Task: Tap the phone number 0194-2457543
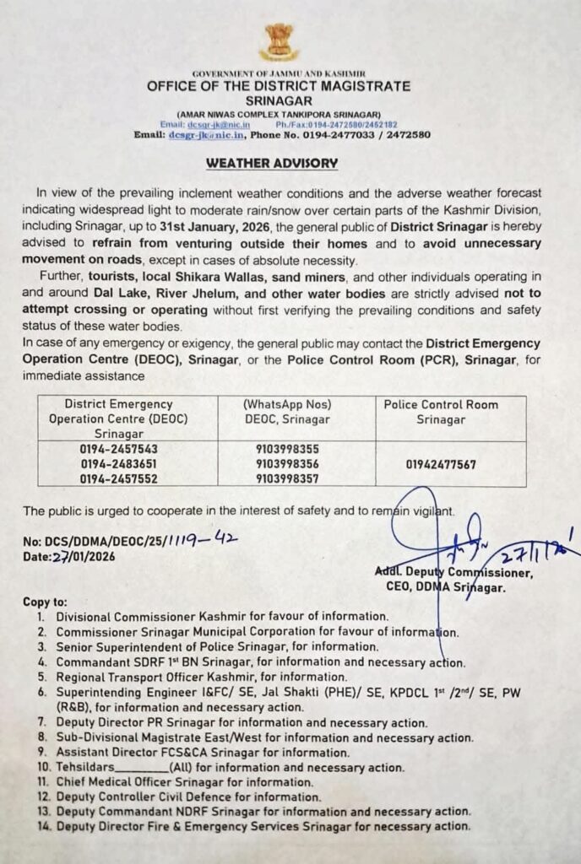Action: [117, 450]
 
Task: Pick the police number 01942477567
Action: [441, 464]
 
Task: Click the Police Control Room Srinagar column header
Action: [441, 412]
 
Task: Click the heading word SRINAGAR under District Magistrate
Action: [278, 99]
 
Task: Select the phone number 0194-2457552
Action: [117, 478]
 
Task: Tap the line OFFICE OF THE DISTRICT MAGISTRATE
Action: [278, 86]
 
